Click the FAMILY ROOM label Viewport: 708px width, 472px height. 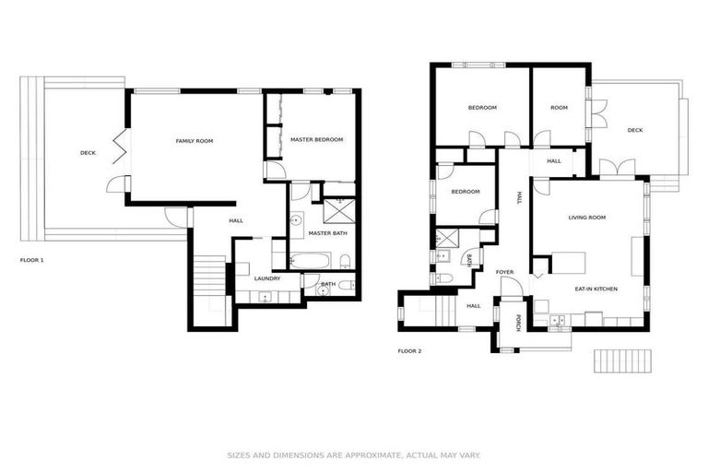195,141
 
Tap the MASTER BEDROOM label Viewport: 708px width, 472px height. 316,140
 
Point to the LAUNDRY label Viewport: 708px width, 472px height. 267,278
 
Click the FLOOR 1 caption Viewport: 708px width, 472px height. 32,260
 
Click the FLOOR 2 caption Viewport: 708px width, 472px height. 409,351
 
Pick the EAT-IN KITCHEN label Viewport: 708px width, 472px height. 596,289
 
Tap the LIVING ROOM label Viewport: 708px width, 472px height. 586,218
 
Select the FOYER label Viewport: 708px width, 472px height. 504,273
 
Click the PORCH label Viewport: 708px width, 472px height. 518,323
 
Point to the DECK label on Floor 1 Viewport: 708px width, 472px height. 88,153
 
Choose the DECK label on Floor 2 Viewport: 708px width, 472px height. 634,131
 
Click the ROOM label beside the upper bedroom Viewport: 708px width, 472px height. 559,108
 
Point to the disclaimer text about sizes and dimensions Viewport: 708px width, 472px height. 354,455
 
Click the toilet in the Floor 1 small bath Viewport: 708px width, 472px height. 344,288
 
